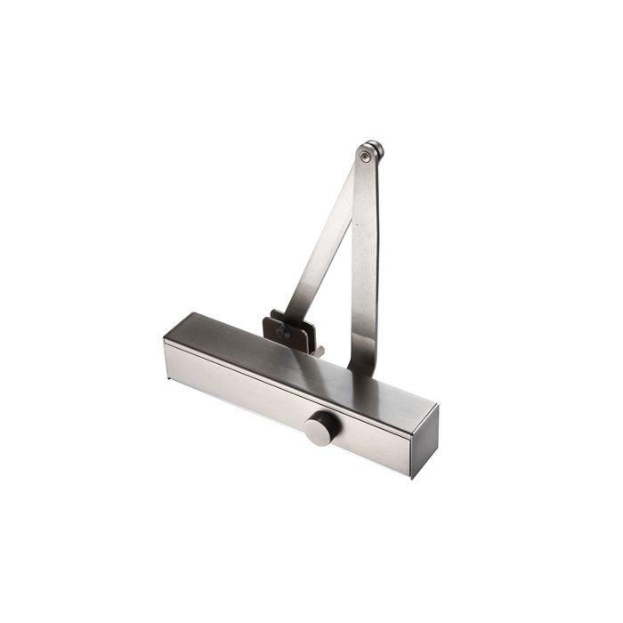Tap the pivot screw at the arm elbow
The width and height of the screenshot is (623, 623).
(365, 157)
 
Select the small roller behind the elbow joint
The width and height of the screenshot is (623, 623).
(377, 149)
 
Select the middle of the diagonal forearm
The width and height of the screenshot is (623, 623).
(326, 240)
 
